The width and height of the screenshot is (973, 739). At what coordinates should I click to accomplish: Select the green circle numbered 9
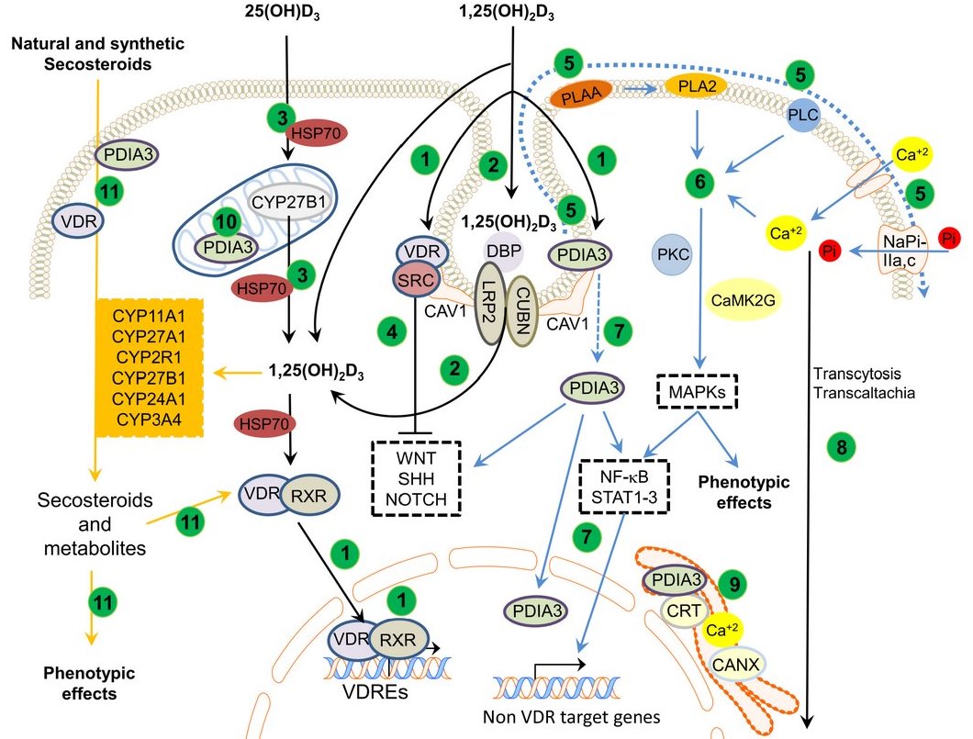tap(732, 581)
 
